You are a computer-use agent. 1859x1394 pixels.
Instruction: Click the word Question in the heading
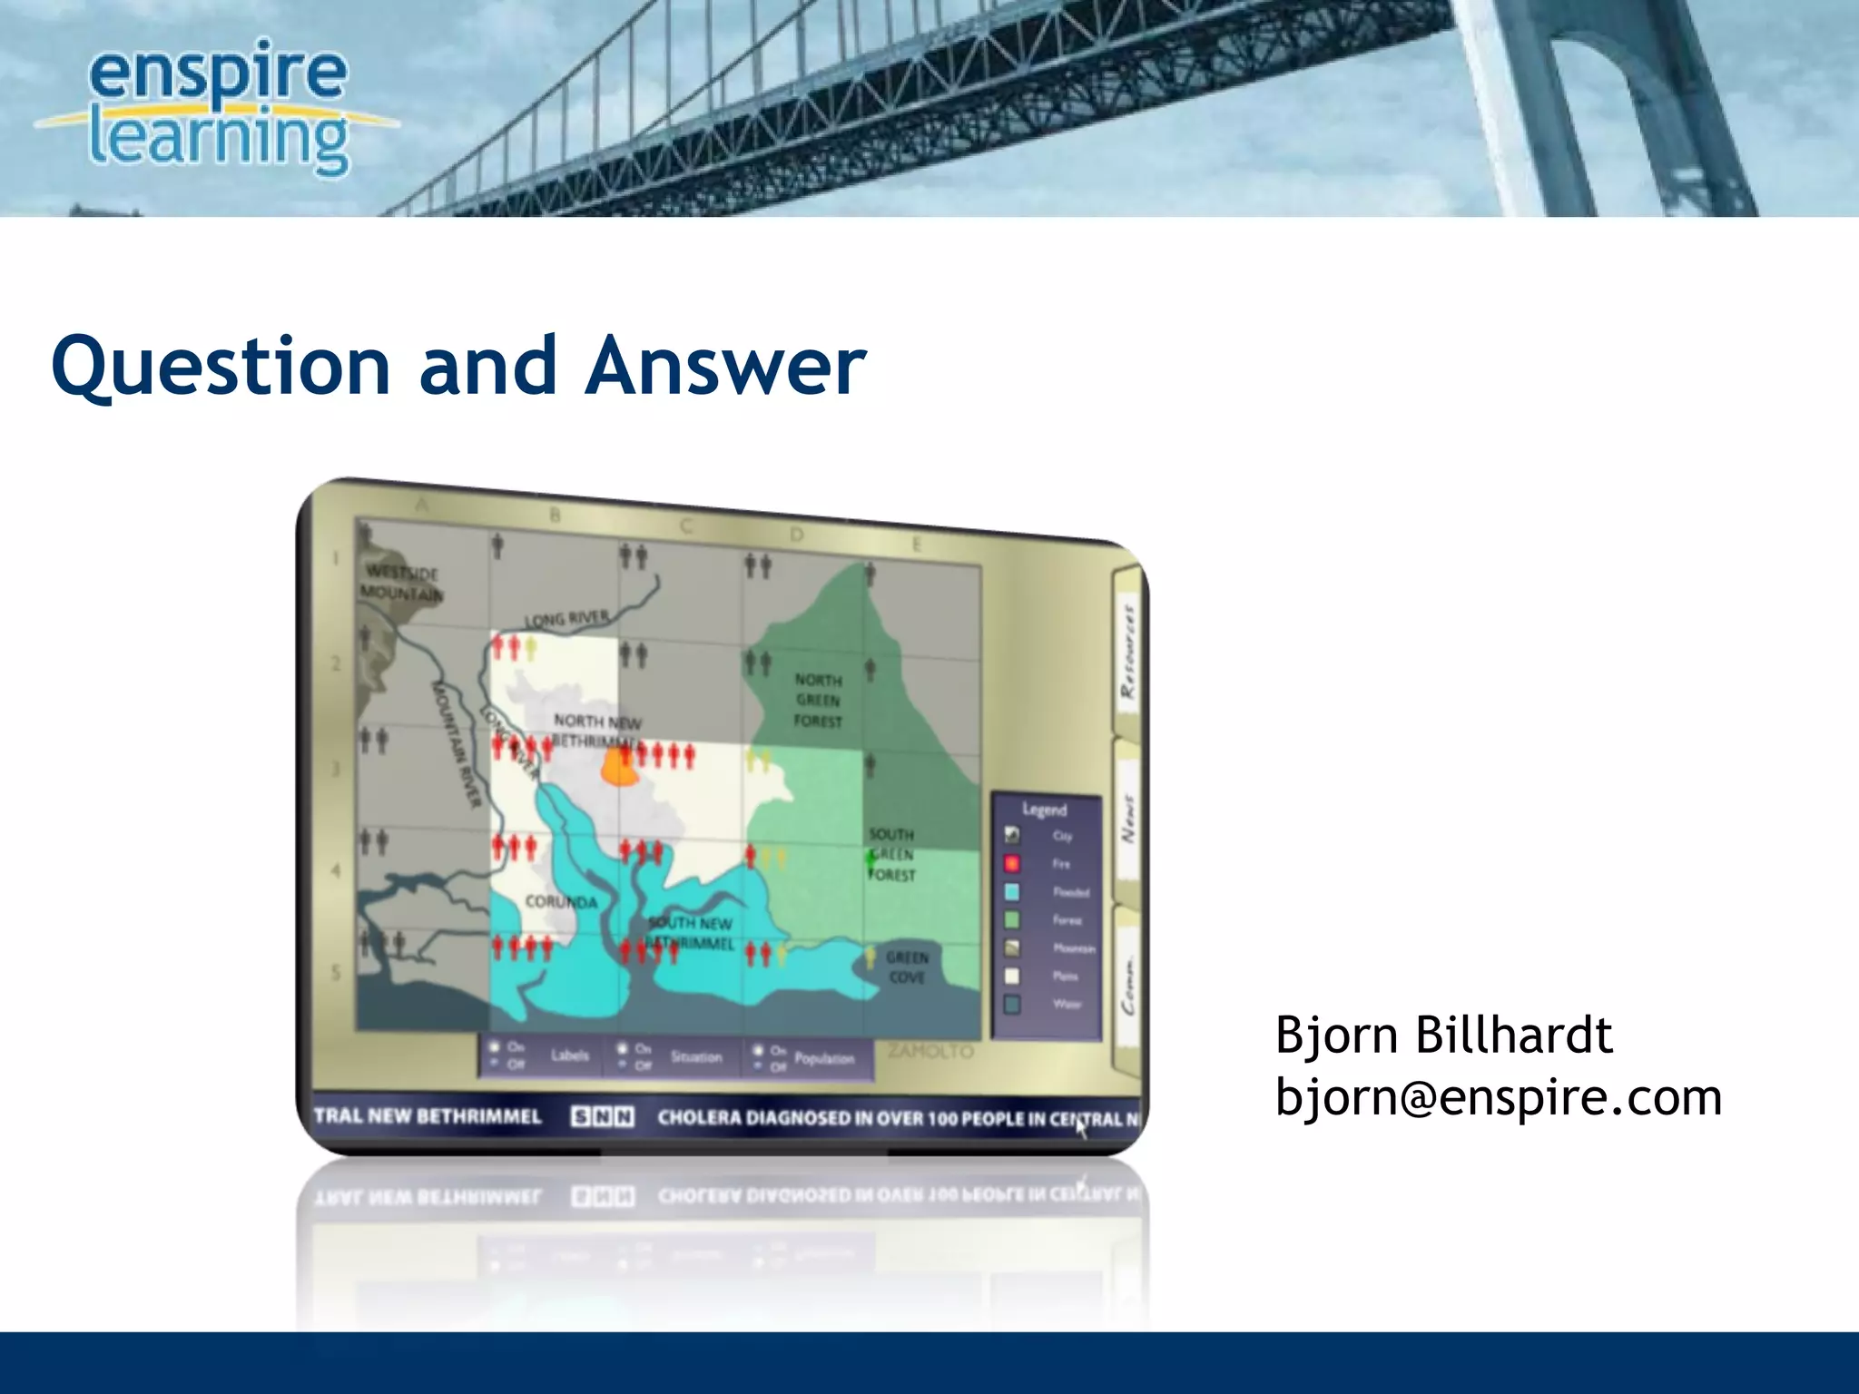(221, 366)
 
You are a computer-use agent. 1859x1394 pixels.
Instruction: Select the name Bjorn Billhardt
(1443, 1036)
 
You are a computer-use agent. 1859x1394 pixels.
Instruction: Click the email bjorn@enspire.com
(1498, 1097)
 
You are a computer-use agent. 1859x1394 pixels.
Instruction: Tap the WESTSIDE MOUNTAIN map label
(401, 583)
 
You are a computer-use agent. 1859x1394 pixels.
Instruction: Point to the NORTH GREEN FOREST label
(818, 701)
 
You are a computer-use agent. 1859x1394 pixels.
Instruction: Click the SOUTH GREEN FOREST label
(891, 854)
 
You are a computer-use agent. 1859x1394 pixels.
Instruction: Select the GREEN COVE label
(907, 967)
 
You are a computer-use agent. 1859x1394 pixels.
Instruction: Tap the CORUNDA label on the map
(561, 902)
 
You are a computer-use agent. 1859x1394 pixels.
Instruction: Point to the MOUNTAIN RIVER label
(457, 742)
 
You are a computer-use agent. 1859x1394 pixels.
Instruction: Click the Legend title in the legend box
(1044, 809)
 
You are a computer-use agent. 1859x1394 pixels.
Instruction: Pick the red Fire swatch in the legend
(1011, 863)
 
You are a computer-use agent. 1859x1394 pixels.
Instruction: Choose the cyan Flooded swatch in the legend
(1011, 892)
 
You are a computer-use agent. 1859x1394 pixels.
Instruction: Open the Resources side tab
(1127, 652)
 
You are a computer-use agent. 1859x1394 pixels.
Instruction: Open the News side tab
(1127, 820)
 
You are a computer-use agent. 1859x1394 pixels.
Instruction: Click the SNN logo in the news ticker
(602, 1116)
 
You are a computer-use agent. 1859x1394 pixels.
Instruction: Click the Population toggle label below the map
(823, 1058)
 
